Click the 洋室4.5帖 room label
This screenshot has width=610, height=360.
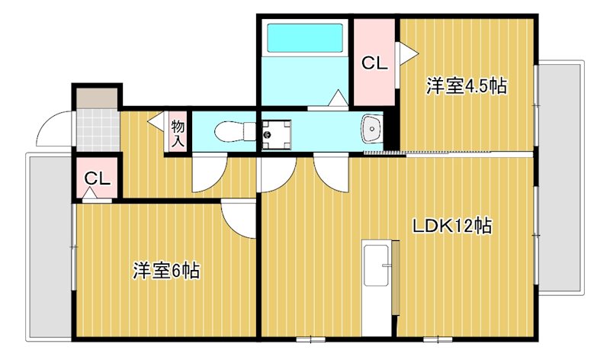[x=467, y=86]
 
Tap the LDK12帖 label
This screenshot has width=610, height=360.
[x=452, y=226]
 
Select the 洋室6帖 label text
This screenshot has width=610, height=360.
[x=166, y=271]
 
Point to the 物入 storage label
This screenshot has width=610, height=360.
[x=178, y=133]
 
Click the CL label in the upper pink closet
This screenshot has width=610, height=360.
[x=374, y=63]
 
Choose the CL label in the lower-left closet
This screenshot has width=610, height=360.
[x=98, y=178]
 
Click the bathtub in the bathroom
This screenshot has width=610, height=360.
[x=306, y=37]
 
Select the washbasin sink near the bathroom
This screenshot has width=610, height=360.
[x=372, y=129]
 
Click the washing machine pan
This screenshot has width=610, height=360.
[x=276, y=135]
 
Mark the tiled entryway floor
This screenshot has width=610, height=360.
[x=98, y=130]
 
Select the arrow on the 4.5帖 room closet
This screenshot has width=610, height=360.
[x=407, y=53]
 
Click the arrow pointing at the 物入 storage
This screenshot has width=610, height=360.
[x=157, y=121]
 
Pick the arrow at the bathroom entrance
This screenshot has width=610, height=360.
[x=338, y=98]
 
